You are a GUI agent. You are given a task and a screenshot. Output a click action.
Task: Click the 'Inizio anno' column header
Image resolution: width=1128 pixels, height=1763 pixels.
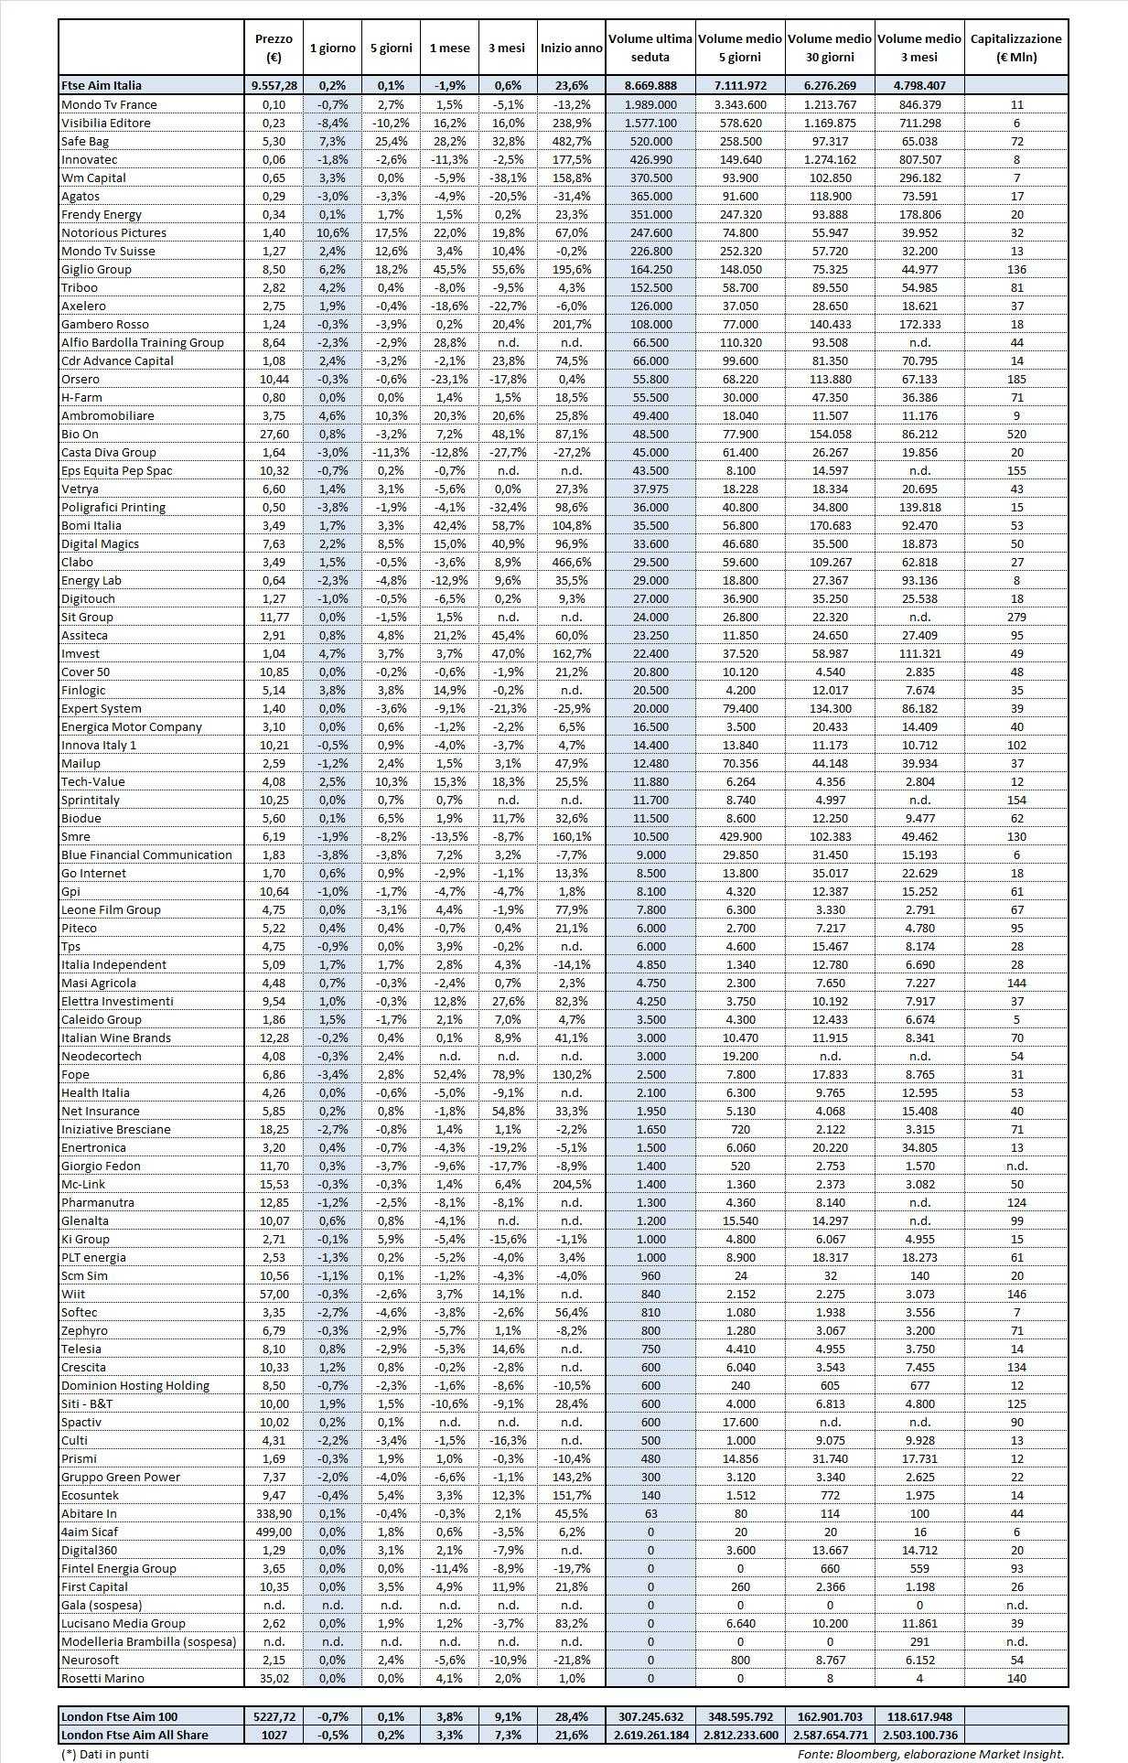[571, 48]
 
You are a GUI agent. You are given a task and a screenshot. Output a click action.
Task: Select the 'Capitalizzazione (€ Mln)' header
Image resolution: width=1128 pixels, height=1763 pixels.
[1015, 48]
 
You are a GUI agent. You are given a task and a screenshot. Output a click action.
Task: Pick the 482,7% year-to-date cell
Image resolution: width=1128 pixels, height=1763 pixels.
[572, 141]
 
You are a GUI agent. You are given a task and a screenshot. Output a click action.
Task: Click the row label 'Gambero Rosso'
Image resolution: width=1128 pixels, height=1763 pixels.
[104, 324]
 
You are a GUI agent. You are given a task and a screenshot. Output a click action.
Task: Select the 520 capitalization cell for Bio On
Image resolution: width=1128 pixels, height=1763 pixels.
[1016, 434]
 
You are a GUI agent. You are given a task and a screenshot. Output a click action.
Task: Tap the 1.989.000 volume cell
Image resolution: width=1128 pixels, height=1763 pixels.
[650, 104]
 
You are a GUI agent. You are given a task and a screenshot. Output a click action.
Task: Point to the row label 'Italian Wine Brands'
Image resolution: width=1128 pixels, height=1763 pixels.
[116, 1037]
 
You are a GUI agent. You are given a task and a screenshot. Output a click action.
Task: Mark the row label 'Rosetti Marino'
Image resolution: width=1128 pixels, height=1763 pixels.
[102, 1678]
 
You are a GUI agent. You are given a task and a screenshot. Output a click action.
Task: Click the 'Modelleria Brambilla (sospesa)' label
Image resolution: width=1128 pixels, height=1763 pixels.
[148, 1641]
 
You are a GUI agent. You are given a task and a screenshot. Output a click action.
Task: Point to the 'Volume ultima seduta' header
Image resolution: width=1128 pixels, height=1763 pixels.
[650, 48]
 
